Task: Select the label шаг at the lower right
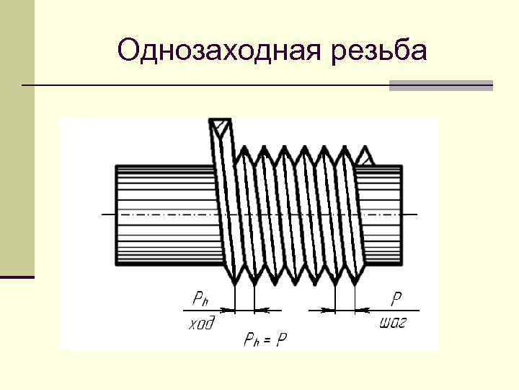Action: click(392, 322)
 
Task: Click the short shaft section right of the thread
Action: click(380, 214)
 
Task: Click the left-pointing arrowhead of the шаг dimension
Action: click(360, 310)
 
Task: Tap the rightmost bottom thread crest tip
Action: click(355, 282)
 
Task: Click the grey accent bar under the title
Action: click(440, 85)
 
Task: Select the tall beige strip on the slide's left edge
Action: click(17, 137)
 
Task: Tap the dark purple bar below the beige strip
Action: click(17, 277)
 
